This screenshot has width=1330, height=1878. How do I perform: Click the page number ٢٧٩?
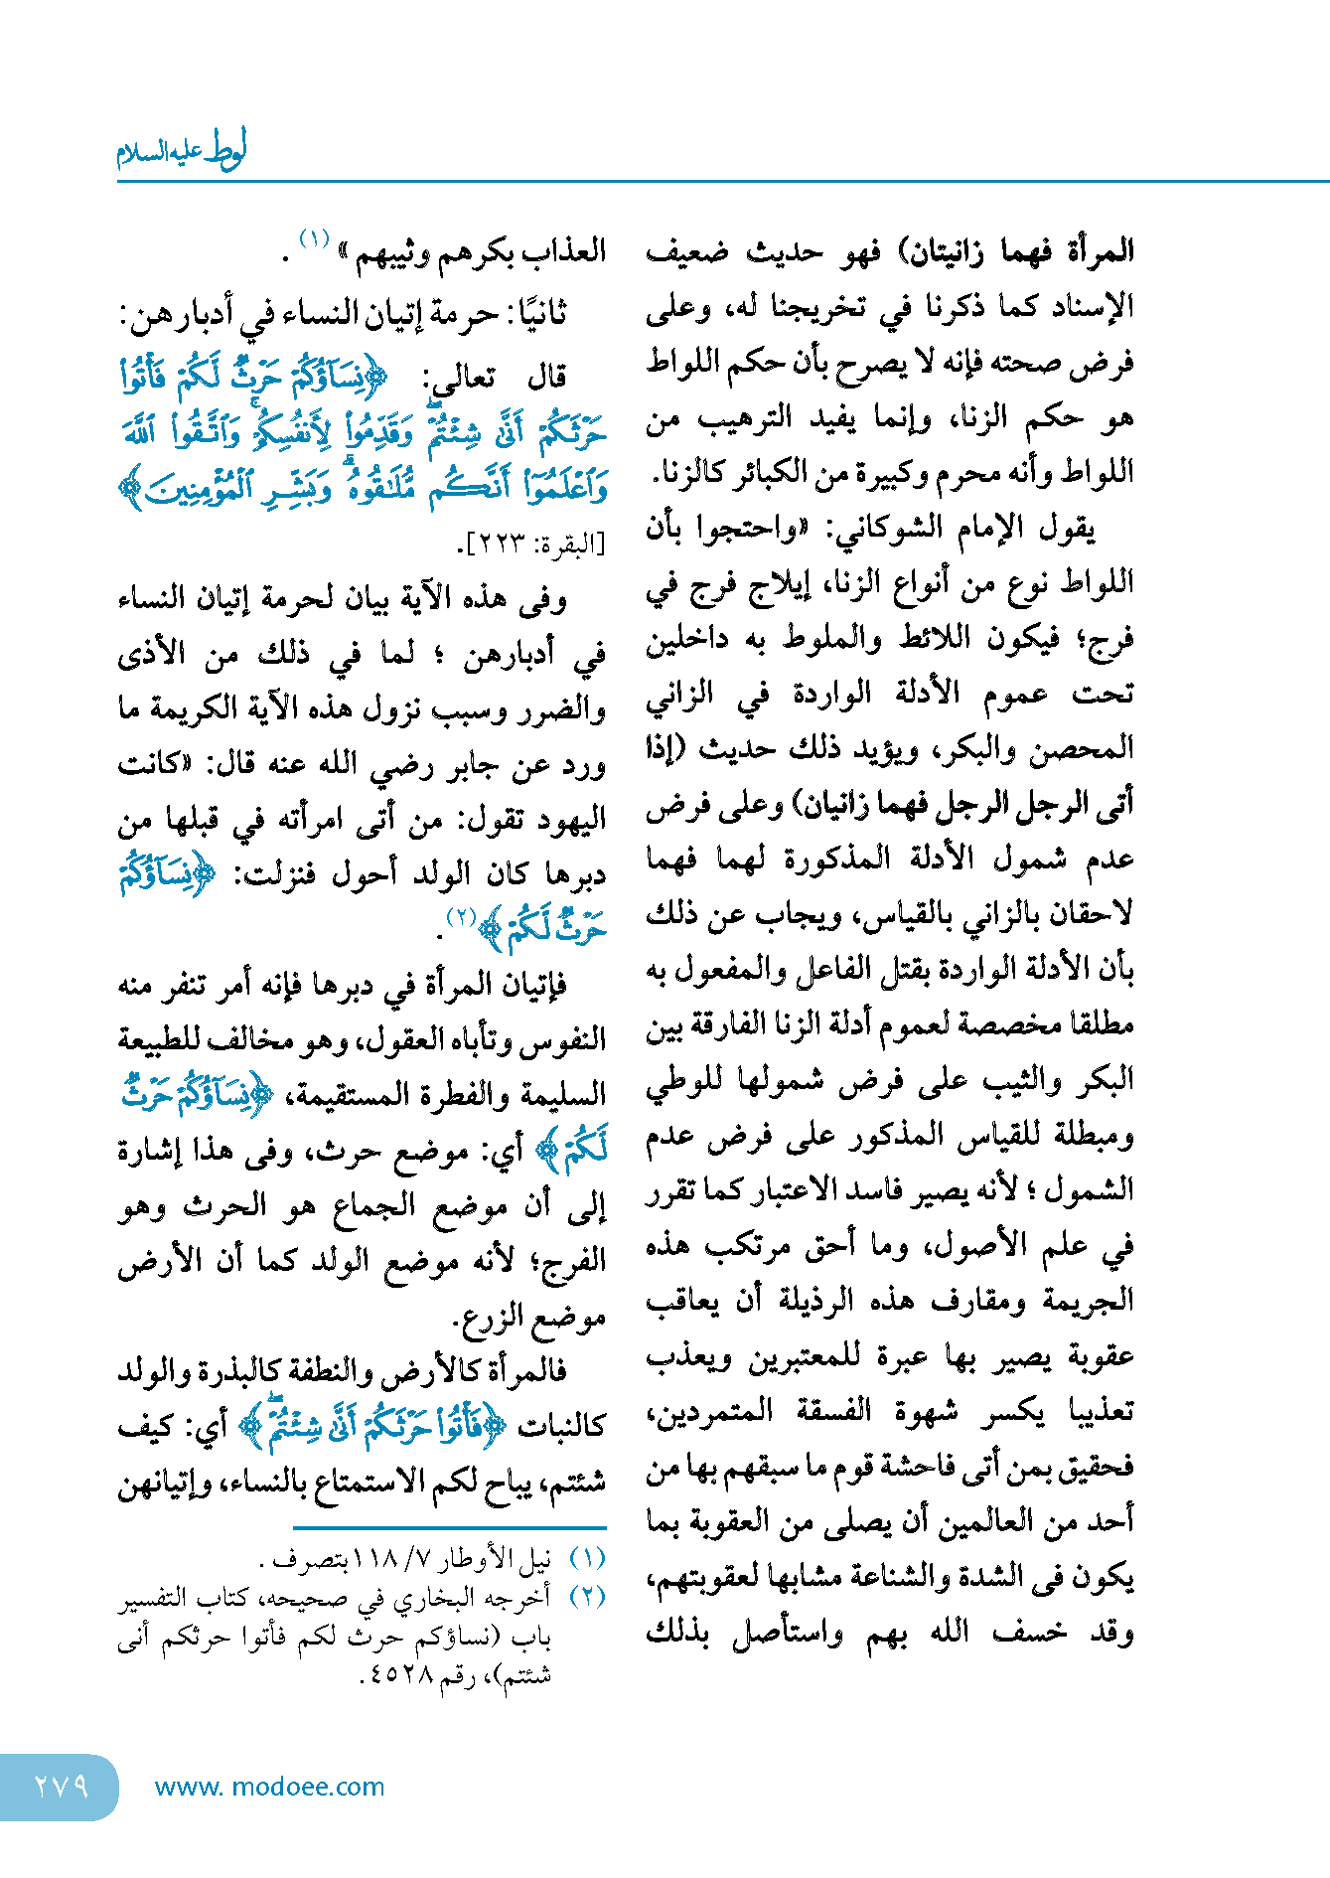pos(62,1786)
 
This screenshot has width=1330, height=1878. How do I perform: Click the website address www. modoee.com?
pos(269,1787)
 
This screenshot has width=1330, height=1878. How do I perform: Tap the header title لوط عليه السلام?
pos(181,151)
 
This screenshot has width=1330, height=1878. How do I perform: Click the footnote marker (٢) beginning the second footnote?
pos(587,1597)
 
